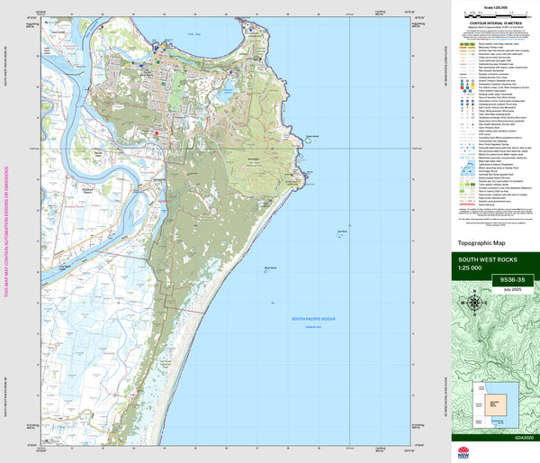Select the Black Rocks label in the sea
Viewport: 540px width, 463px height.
(271, 267)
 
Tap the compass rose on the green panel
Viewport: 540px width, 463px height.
(475, 303)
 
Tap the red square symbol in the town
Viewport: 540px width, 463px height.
(157, 132)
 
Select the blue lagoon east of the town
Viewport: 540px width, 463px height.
(227, 88)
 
